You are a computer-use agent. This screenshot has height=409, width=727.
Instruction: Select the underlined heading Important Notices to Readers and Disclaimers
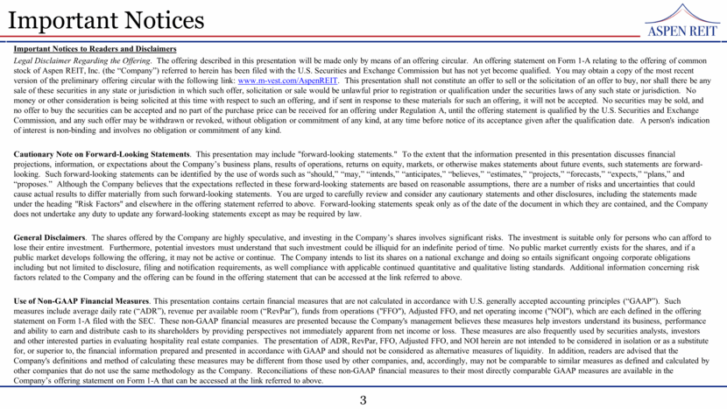tap(95, 48)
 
